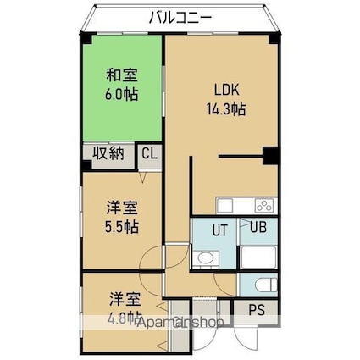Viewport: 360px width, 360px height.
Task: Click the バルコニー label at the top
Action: [x=180, y=16]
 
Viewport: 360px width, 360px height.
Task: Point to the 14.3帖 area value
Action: [x=225, y=108]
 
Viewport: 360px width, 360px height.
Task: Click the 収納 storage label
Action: [x=108, y=153]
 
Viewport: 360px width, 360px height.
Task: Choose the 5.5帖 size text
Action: [x=122, y=226]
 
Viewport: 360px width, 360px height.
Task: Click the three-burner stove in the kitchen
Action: [x=264, y=206]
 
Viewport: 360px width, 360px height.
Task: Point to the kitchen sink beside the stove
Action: [x=227, y=206]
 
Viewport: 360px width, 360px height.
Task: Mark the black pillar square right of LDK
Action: [x=270, y=155]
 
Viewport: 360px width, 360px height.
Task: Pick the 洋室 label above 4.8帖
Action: [x=124, y=299]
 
